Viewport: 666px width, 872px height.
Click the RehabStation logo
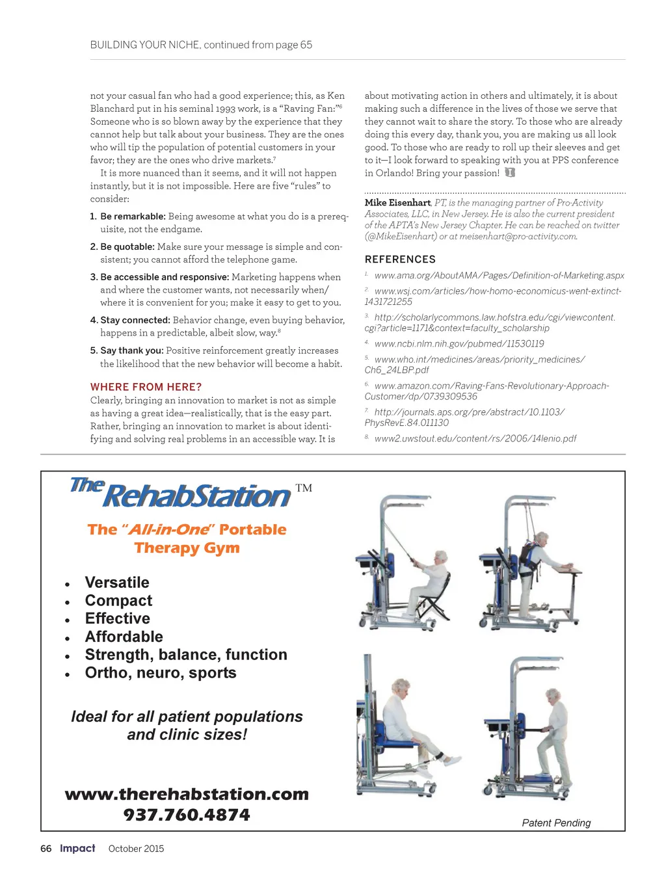point(181,494)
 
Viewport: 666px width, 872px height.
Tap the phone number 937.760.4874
point(187,815)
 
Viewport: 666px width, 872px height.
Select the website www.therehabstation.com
point(187,794)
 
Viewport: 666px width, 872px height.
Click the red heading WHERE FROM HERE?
point(146,387)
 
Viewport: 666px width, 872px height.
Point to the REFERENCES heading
point(400,259)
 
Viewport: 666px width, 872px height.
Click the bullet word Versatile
point(117,583)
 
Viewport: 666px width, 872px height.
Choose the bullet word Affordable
point(124,637)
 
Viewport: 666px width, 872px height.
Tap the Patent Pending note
point(556,823)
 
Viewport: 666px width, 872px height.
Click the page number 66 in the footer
point(46,849)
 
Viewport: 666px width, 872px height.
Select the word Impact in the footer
point(77,848)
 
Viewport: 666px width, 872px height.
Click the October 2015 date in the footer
point(136,849)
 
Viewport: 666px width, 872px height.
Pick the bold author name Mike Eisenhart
point(397,203)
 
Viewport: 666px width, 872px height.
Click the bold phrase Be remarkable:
point(133,217)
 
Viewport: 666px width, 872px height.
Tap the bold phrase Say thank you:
point(131,350)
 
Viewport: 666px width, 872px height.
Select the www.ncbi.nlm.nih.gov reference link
point(459,344)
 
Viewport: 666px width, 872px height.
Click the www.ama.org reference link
point(499,276)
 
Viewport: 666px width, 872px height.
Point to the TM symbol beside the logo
point(304,488)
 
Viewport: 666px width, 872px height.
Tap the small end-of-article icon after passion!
point(510,173)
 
